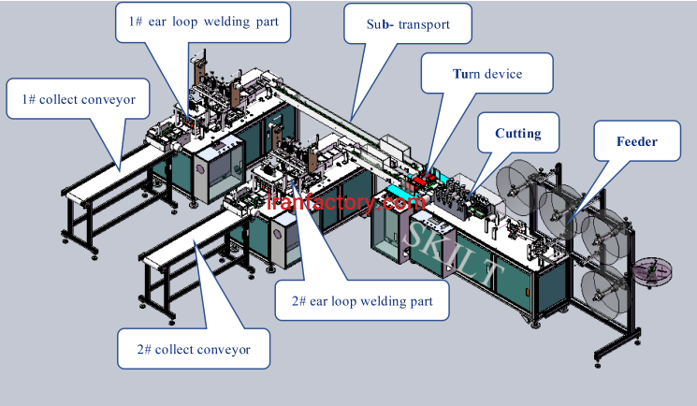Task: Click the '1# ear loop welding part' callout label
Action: coord(202,20)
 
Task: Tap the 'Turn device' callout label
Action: coord(487,73)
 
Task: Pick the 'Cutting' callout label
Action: coord(517,133)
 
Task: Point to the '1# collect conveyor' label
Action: coord(78,97)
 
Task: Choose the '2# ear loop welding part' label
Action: coord(362,302)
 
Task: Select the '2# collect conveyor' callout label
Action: coord(194,349)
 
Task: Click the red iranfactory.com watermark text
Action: coord(347,201)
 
